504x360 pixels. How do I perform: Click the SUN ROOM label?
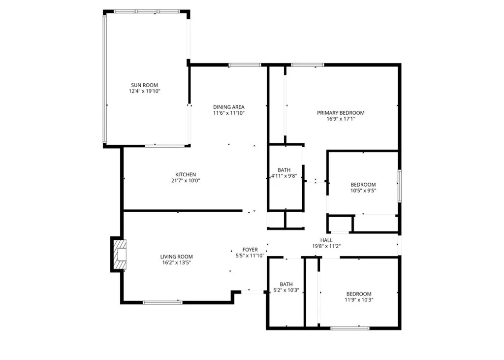tap(144, 85)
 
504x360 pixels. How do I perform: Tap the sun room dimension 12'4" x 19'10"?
tap(144, 91)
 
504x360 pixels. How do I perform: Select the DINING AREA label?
tap(229, 107)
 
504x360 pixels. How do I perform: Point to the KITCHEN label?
tap(186, 174)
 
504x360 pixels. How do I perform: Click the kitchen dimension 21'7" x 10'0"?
tap(186, 180)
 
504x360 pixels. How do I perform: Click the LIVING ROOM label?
tap(176, 257)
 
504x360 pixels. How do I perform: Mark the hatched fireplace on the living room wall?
tap(119, 254)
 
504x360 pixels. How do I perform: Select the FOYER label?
tap(250, 250)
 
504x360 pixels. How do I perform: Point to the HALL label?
tap(326, 240)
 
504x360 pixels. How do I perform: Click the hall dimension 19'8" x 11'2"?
tap(326, 246)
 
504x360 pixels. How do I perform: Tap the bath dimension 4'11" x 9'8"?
tap(284, 176)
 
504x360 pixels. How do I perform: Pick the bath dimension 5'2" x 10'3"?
tap(286, 290)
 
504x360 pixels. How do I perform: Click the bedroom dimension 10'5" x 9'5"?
tap(364, 191)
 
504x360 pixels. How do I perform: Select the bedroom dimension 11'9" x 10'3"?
tap(358, 300)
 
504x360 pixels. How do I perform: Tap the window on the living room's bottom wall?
tap(162, 302)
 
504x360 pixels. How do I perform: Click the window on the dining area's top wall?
tap(245, 65)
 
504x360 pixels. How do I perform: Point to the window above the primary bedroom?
tap(308, 65)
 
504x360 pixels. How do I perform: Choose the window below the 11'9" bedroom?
tap(349, 327)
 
